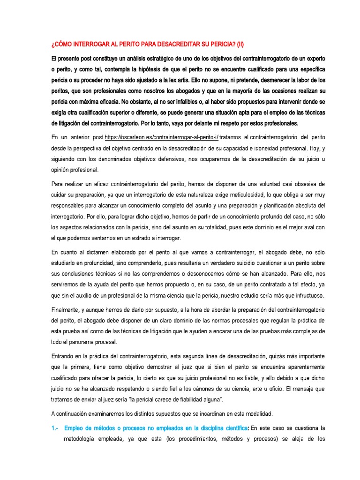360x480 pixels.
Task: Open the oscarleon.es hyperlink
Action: point(162,136)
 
